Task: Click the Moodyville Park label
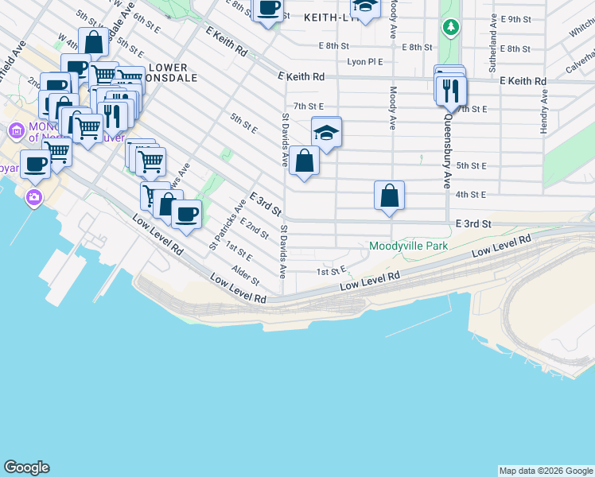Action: tap(408, 246)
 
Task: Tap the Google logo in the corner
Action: tap(26, 467)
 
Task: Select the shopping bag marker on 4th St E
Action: tap(389, 196)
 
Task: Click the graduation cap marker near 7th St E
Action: tap(326, 133)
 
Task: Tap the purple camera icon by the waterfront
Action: tap(33, 197)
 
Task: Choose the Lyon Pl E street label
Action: tap(364, 62)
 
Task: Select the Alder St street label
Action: tap(245, 276)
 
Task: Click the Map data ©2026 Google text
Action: tap(546, 471)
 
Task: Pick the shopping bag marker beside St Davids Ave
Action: tap(304, 161)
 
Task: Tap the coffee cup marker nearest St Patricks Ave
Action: tap(186, 215)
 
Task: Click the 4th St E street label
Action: tap(471, 194)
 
